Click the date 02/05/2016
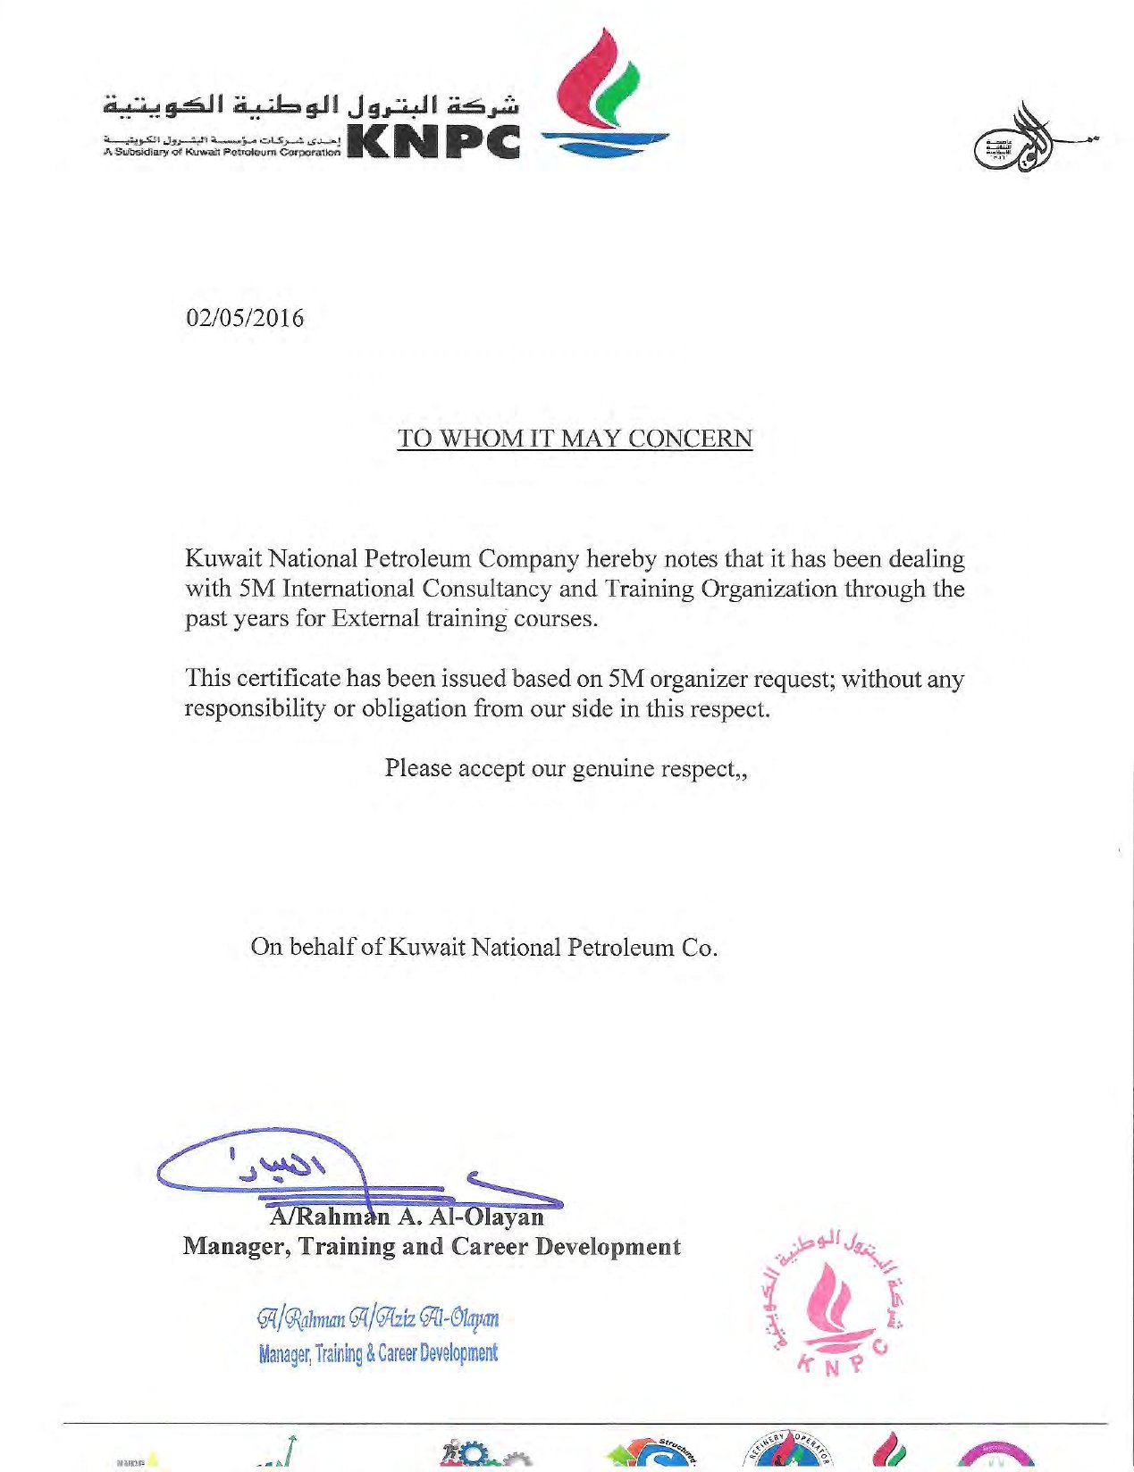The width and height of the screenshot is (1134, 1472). click(244, 318)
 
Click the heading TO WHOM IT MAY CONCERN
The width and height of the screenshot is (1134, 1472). click(575, 439)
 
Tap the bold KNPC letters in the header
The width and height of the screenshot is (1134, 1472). click(433, 140)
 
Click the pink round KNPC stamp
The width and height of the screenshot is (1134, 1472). click(835, 1301)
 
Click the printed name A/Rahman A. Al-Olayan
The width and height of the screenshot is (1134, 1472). click(407, 1217)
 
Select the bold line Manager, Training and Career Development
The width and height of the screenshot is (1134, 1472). click(432, 1247)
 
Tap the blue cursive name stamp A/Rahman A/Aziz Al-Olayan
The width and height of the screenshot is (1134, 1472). click(378, 1318)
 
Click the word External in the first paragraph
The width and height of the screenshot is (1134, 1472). click(374, 618)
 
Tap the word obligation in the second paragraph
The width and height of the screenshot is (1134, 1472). click(414, 708)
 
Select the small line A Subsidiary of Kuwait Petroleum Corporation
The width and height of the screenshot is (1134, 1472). click(221, 152)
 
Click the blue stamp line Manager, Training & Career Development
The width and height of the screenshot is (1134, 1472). click(378, 1353)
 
